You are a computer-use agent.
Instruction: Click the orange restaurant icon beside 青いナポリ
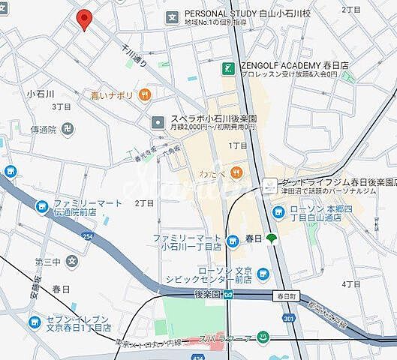point(145,95)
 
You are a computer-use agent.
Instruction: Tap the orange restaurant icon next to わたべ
point(236,172)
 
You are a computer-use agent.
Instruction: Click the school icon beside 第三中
point(71,262)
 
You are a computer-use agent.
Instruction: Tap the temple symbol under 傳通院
point(69,128)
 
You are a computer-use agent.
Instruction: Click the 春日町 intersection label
point(282,295)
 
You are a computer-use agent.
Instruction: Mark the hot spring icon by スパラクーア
point(262,340)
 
